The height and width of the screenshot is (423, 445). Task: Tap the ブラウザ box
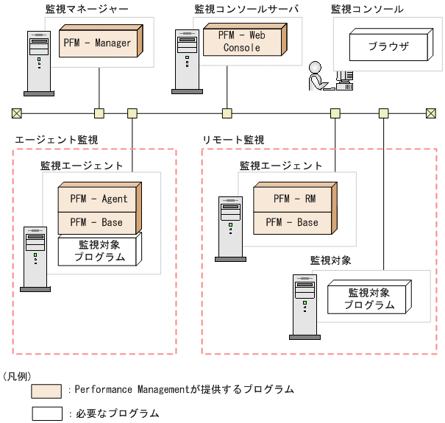coord(389,49)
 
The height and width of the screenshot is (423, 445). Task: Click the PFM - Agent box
coord(99,199)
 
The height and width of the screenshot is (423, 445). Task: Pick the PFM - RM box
coord(291,199)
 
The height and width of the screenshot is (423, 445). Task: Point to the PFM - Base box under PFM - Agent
coord(99,221)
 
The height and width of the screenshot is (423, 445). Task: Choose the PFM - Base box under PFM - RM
coord(291,221)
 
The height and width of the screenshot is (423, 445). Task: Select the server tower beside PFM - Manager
coord(38,63)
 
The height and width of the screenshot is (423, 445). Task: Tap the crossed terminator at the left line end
coord(16,113)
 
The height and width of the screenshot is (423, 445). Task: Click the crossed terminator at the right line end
coord(431,113)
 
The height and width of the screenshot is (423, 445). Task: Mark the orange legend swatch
coord(46,390)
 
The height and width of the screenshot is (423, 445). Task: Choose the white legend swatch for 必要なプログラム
coord(46,413)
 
